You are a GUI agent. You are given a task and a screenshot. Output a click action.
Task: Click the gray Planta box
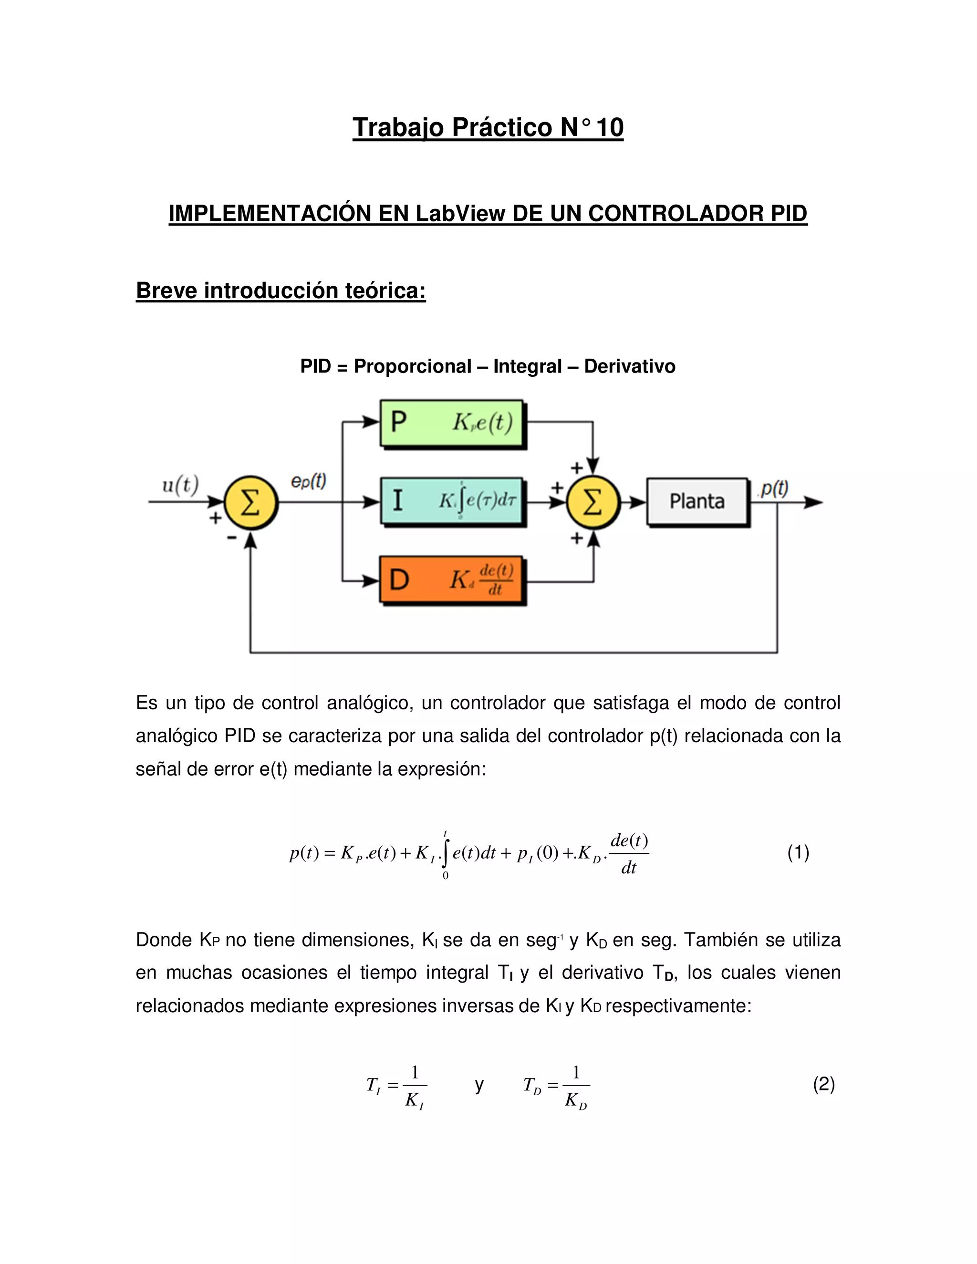click(697, 501)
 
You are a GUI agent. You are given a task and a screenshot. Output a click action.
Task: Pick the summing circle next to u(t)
click(250, 502)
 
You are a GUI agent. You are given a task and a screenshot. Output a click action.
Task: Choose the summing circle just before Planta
click(592, 502)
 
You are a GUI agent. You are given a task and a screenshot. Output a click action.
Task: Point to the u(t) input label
click(180, 485)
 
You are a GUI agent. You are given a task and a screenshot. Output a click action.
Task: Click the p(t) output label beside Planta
click(774, 489)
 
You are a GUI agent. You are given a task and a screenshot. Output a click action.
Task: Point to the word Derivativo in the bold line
click(629, 366)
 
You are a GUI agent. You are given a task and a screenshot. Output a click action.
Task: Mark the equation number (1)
click(798, 852)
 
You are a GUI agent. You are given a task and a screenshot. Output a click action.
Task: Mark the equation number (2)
click(823, 1084)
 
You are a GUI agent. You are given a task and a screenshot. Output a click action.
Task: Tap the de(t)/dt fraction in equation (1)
click(629, 853)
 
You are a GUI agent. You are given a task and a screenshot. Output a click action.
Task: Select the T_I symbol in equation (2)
click(374, 1085)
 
